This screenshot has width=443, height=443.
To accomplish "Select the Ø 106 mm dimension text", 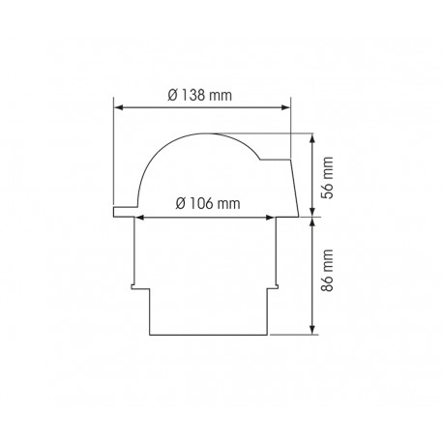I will coord(207,204).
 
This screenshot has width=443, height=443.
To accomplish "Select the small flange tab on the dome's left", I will coord(120,211).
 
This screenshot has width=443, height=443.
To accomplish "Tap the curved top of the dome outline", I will coord(193,134).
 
